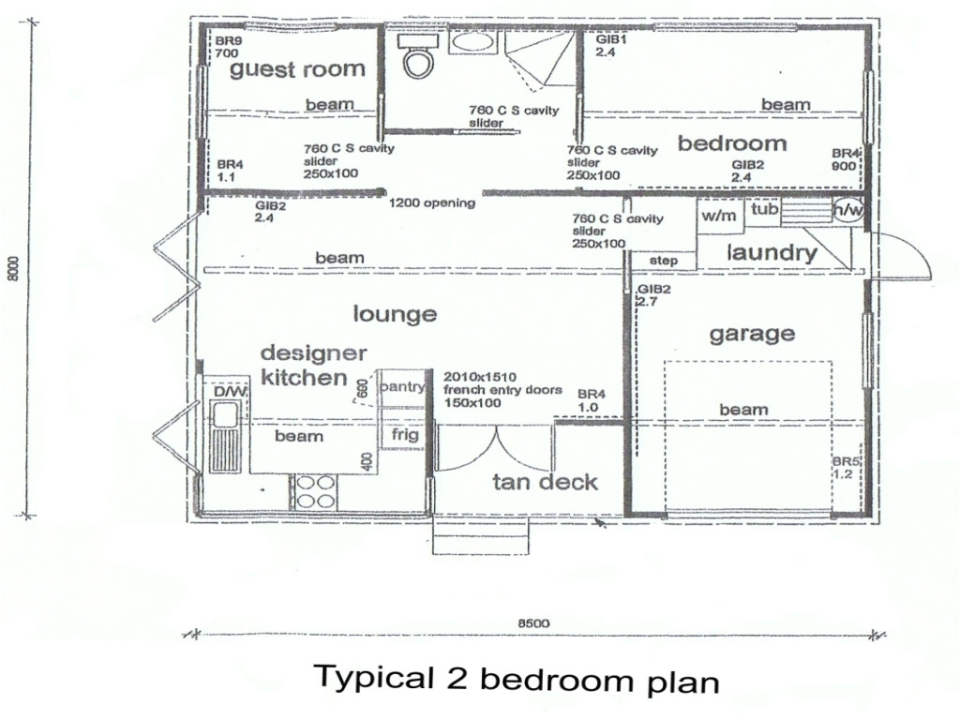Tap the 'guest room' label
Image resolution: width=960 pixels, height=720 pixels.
(x=297, y=68)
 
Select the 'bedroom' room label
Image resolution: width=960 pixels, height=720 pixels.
(x=732, y=143)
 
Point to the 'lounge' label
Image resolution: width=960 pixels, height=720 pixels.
(x=395, y=313)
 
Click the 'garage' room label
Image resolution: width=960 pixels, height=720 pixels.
(x=752, y=333)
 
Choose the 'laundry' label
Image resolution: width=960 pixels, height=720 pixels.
(x=772, y=252)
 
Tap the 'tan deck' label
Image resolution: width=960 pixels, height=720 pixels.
(x=545, y=482)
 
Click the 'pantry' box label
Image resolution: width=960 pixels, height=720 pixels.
(x=403, y=386)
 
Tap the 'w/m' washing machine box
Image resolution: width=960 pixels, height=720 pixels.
(x=719, y=214)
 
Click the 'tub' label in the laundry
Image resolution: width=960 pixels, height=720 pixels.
(x=765, y=210)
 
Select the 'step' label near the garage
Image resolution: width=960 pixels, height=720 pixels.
(x=663, y=260)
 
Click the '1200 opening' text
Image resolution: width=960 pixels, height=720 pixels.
(x=432, y=202)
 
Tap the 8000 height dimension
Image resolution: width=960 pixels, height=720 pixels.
(x=12, y=272)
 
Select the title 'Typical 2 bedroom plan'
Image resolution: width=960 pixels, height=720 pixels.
(x=517, y=678)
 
